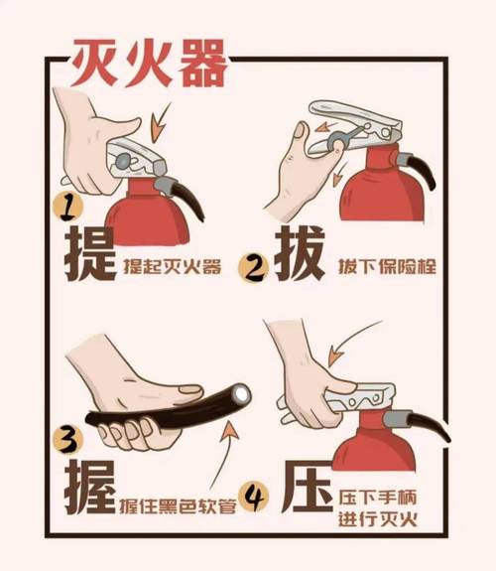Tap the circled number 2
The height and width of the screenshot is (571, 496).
pos(258,266)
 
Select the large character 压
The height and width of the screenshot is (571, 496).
pos(305,487)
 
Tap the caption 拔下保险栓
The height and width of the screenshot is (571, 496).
pos(382,266)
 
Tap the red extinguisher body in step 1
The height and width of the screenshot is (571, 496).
pos(149,218)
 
